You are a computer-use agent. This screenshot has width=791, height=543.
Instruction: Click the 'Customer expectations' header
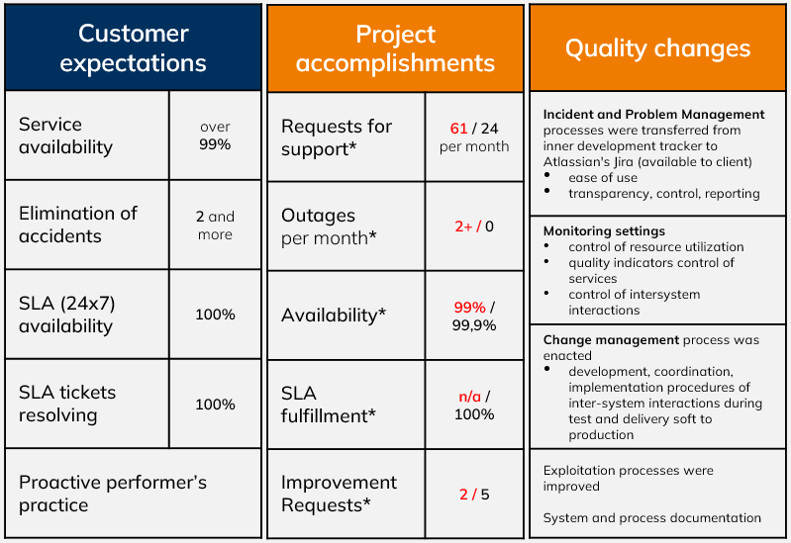134,47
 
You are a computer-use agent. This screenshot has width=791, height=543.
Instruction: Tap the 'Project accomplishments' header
396,48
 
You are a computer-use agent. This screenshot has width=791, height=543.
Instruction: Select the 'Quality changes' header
657,48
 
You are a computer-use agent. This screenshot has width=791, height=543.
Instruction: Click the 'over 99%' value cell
215,136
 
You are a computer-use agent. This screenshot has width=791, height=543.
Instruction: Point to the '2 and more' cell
215,226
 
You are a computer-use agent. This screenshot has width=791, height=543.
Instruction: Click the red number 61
458,129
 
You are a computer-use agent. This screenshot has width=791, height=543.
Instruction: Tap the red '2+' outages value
463,226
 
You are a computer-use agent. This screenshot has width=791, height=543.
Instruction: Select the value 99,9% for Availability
474,325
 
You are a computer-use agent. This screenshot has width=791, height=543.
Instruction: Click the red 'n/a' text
469,397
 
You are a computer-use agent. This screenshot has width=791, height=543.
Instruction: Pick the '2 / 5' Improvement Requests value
474,495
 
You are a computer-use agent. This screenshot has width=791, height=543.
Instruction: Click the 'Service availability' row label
65,136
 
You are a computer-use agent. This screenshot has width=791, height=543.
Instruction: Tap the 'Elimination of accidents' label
77,225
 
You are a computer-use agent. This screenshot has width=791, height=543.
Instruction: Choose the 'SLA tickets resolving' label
67,404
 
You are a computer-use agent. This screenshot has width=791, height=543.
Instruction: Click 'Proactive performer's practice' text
113,494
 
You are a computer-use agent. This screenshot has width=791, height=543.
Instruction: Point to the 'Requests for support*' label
337,137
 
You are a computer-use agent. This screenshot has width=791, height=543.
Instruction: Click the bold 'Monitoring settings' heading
604,230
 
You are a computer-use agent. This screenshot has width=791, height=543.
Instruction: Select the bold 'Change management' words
611,340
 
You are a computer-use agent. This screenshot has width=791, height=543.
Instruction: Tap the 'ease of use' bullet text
603,177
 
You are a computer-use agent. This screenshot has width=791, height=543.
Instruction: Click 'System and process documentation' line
651,518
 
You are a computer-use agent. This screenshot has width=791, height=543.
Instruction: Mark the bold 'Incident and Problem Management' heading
653,115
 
